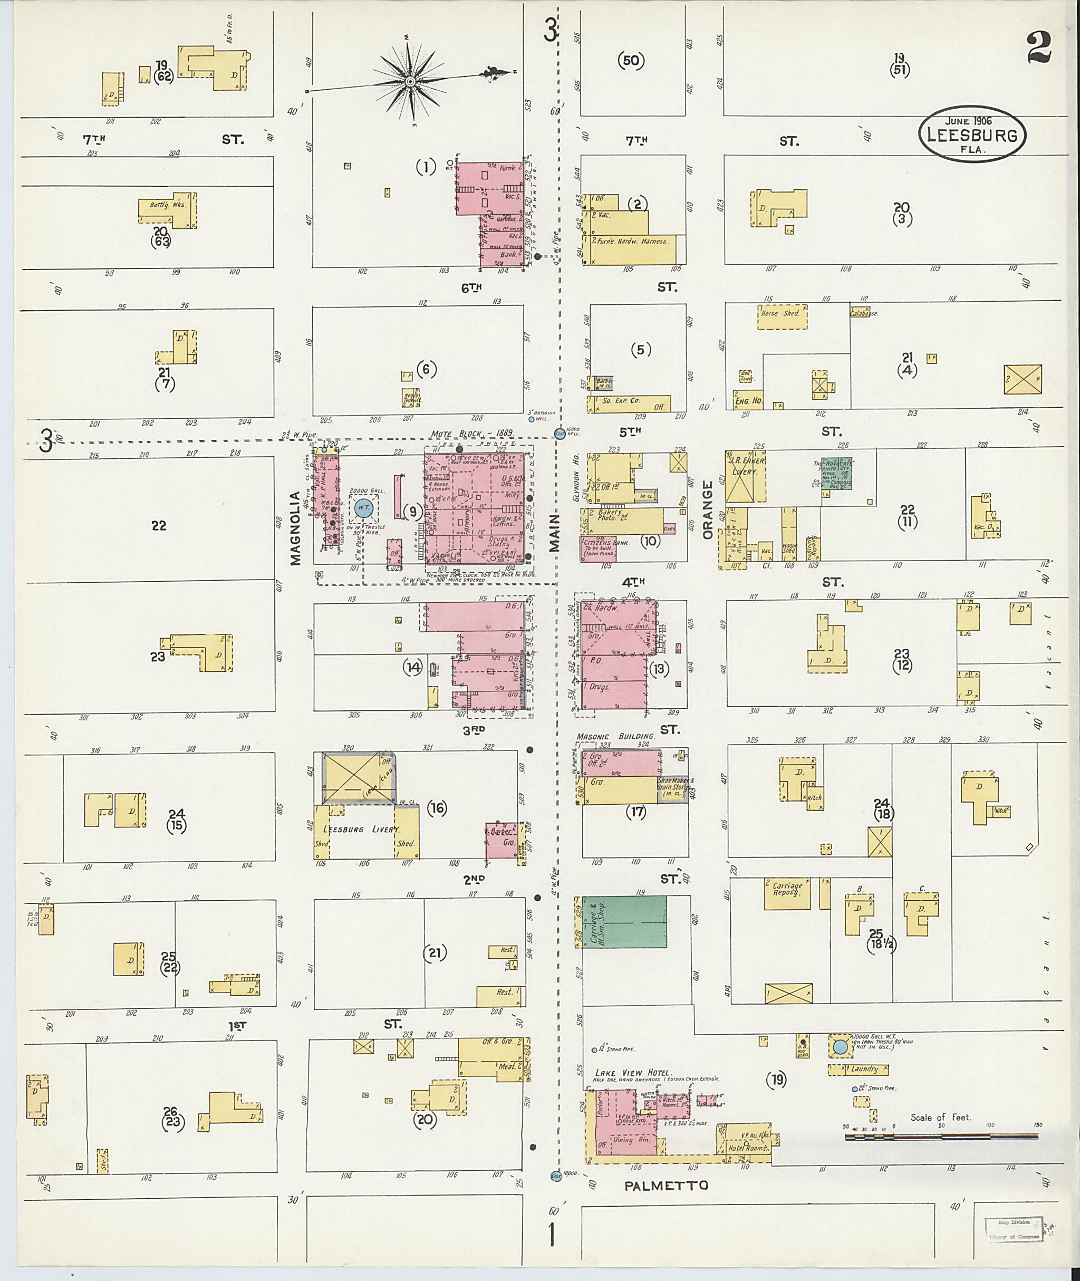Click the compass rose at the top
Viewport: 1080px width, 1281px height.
(x=411, y=81)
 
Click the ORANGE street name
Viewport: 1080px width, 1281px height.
(x=708, y=509)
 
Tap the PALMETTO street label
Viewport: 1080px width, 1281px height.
(x=666, y=1186)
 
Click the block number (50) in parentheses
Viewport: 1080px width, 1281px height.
(x=631, y=60)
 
